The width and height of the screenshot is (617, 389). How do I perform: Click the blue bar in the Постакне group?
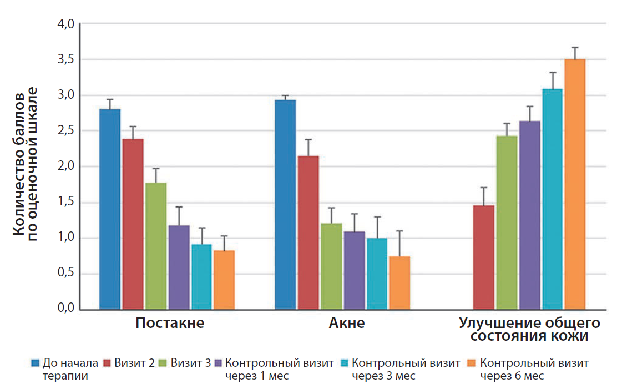110,209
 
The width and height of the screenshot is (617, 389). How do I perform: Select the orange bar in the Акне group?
399,283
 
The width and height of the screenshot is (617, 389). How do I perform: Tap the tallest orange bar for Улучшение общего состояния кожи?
575,184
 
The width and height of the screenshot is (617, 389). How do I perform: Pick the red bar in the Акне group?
308,233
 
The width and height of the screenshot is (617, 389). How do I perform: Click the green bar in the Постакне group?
156,246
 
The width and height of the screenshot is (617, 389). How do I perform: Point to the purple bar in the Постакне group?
179,267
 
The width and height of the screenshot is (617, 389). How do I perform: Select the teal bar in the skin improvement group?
553,199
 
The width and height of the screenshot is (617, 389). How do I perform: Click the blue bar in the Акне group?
285,205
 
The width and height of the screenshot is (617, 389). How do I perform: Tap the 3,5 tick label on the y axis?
65,59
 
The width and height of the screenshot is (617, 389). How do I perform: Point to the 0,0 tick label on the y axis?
65,307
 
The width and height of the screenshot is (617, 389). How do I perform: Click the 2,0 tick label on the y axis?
65,166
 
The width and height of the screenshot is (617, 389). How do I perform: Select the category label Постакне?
170,323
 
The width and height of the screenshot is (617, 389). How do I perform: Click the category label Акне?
347,323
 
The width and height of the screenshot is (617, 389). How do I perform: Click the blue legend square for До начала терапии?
36,362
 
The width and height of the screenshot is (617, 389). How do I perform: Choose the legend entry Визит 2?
129,362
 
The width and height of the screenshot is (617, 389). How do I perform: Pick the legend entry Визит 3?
185,362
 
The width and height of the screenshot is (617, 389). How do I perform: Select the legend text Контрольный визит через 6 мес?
534,370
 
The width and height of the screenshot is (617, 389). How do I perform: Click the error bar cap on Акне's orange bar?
399,231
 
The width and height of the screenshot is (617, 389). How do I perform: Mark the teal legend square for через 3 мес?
345,362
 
